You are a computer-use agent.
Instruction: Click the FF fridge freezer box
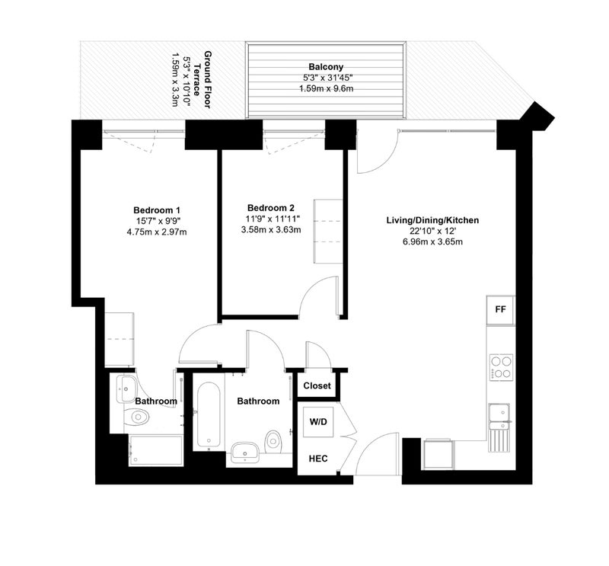click(500, 310)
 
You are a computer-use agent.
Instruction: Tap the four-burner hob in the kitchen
click(501, 367)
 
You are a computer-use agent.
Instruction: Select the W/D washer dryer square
click(318, 422)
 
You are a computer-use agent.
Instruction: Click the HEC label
click(318, 459)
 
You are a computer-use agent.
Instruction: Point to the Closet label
click(317, 385)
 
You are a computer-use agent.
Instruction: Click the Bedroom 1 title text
click(157, 210)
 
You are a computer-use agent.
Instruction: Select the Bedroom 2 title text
click(271, 208)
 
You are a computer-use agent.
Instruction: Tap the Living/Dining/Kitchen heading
click(432, 220)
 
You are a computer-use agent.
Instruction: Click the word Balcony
click(326, 67)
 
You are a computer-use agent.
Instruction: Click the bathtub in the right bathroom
click(208, 414)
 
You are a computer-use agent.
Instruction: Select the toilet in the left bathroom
click(136, 417)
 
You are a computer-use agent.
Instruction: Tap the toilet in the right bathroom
click(273, 442)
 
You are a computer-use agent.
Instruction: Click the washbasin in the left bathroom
click(126, 389)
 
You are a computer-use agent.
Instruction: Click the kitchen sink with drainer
click(499, 427)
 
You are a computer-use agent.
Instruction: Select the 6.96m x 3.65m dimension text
click(432, 241)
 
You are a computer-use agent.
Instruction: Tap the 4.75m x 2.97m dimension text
click(157, 232)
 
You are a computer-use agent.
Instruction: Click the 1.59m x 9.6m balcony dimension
click(326, 88)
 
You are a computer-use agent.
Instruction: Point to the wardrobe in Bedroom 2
click(328, 232)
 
